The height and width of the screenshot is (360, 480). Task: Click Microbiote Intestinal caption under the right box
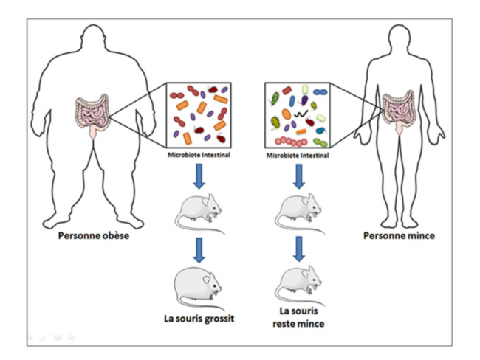[x=296, y=156]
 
